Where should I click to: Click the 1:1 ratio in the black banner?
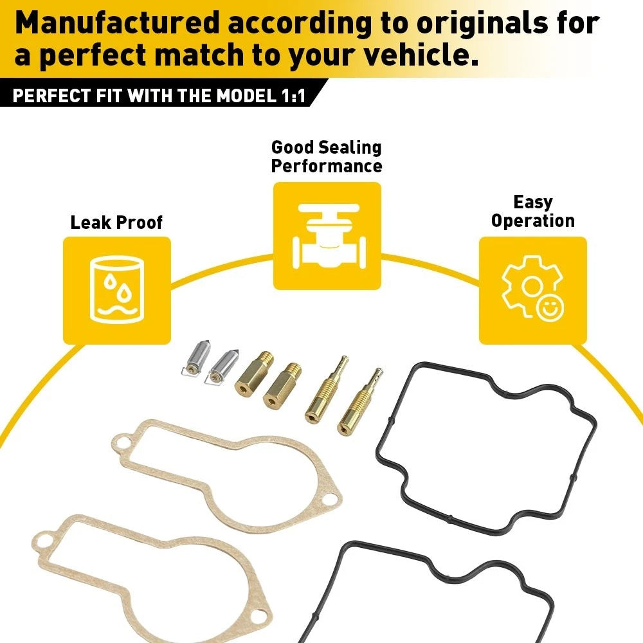click(293, 96)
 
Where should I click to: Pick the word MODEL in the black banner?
click(246, 96)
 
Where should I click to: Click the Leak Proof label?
click(116, 222)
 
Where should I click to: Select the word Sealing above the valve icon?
click(350, 148)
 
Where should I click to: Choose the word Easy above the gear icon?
click(533, 202)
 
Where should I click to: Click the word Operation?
click(533, 221)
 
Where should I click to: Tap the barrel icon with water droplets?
click(117, 290)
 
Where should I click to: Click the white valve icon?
click(329, 236)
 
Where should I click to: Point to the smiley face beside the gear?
click(550, 308)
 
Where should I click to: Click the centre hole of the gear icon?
click(532, 285)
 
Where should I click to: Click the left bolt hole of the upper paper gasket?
click(122, 444)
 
